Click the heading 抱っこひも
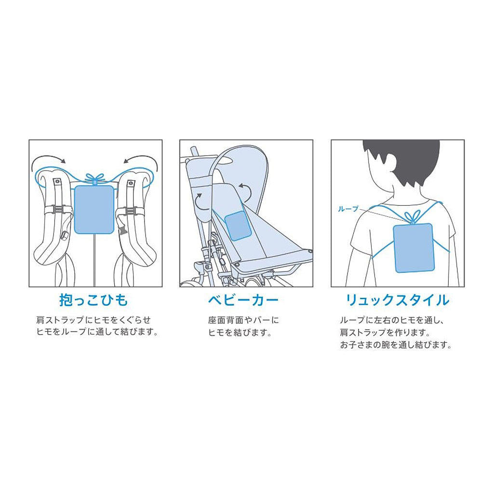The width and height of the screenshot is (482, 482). pos(94,300)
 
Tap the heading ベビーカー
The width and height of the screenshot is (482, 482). pos(243,300)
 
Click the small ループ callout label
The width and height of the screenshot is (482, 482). pos(348,209)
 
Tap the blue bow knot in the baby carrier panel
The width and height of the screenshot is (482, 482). pos(95,178)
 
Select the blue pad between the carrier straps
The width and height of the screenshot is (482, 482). pos(94,209)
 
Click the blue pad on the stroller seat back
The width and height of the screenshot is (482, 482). pos(238,226)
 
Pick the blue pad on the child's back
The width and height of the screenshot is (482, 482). pos(414,248)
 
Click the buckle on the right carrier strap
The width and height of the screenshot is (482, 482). pos(131,211)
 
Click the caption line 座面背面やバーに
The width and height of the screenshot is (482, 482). pos(243,321)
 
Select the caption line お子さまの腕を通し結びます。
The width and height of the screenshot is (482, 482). pos(396,345)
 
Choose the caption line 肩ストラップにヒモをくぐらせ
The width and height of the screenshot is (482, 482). pos(94,320)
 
